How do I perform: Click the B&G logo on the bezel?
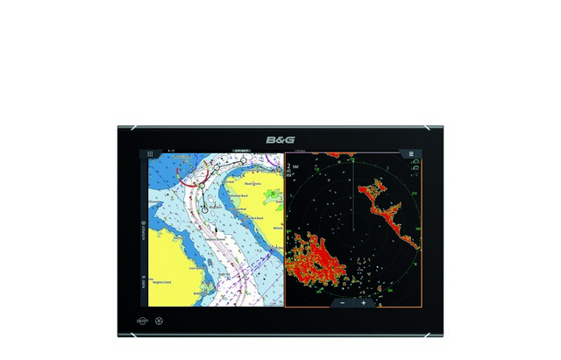click(280, 140)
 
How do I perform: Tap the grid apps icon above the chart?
click(150, 152)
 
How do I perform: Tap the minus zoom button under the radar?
click(343, 302)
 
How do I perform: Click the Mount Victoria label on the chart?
click(253, 184)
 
